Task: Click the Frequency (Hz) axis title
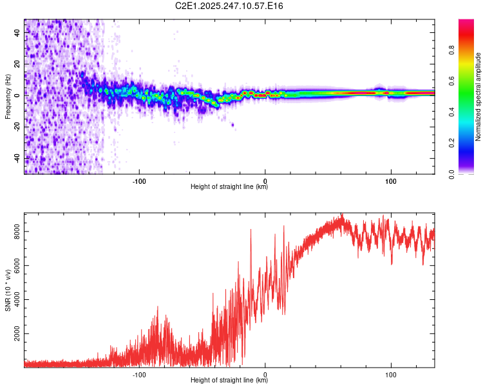8,97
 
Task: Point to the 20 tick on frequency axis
16,63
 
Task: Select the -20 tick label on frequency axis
16,126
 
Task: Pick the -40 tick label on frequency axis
16,158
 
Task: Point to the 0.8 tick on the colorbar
452,50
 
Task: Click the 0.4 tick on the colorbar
452,112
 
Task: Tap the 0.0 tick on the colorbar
452,174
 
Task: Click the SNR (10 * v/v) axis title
8,290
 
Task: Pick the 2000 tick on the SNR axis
16,334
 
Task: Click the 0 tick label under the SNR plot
265,373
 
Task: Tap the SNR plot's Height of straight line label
229,381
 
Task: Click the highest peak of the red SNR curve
343,215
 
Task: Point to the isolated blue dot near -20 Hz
232,125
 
